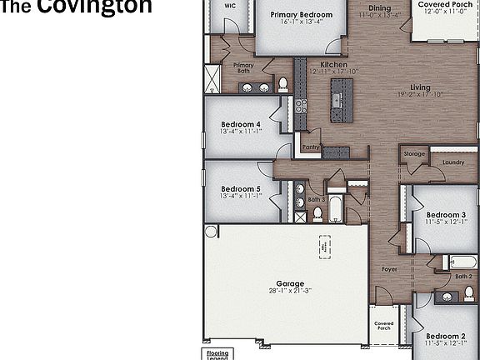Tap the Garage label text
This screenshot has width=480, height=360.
(285, 282)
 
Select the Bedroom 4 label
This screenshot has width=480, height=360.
(241, 124)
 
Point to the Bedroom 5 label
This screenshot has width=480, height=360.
(241, 189)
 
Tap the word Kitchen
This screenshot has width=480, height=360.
(333, 64)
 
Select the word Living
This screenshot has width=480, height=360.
(420, 87)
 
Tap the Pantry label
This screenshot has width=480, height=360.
(311, 147)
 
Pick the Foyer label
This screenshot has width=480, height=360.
(389, 269)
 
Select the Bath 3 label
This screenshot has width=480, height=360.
(317, 200)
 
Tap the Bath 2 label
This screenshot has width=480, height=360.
(463, 276)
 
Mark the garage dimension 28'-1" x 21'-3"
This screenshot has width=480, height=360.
(285, 291)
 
